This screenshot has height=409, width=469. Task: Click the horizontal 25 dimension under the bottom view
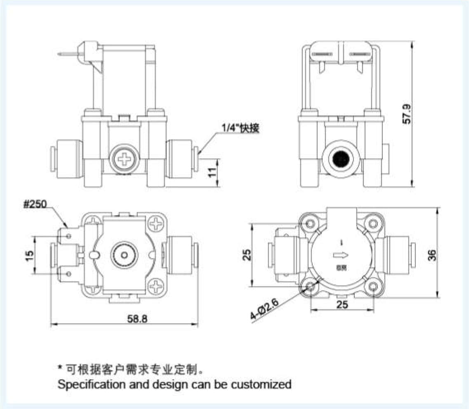coord(342,304)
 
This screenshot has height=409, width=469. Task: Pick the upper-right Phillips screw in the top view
coord(157,225)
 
